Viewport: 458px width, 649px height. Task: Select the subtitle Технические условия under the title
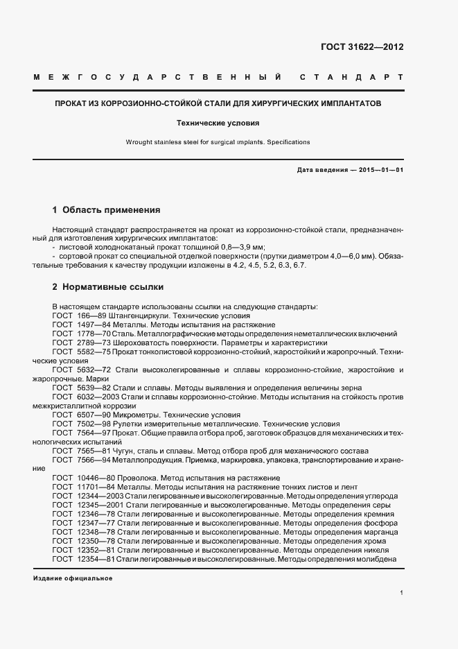(x=218, y=123)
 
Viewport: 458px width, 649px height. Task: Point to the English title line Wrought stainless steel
(x=218, y=142)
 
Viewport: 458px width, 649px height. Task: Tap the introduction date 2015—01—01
(x=380, y=170)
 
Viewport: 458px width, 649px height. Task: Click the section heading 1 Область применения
(x=106, y=209)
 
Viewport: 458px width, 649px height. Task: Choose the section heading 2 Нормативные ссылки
(x=108, y=286)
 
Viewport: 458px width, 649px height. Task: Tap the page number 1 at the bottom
(x=402, y=593)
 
